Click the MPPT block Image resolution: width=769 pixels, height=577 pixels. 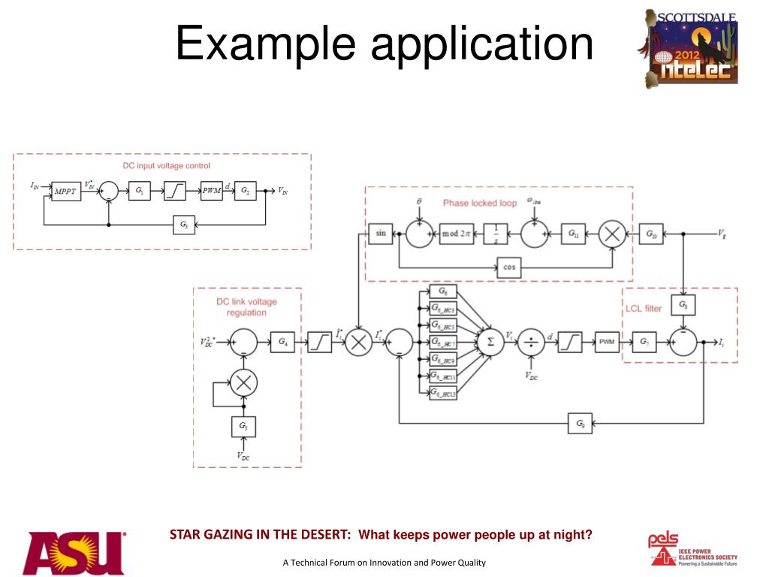click(65, 192)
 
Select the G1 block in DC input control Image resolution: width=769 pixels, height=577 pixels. click(139, 192)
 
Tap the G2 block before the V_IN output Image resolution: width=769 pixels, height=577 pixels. click(245, 191)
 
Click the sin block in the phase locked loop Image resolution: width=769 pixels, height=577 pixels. click(380, 234)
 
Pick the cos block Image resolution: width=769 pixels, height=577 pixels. click(511, 267)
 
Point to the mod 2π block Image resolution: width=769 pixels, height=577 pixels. click(456, 234)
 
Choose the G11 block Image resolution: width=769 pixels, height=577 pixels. click(574, 234)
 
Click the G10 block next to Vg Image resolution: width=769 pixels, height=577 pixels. click(650, 234)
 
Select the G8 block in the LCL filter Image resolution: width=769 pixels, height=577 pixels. click(683, 305)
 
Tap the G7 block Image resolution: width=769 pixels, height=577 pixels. click(644, 342)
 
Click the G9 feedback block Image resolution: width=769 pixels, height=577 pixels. click(581, 424)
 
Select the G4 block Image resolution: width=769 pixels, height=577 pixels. click(282, 342)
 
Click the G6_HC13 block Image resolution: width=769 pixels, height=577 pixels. click(443, 393)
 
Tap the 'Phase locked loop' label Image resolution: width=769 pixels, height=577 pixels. click(480, 203)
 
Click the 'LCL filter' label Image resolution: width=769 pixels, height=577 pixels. click(644, 308)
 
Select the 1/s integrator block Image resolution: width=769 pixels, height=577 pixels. click(496, 234)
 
